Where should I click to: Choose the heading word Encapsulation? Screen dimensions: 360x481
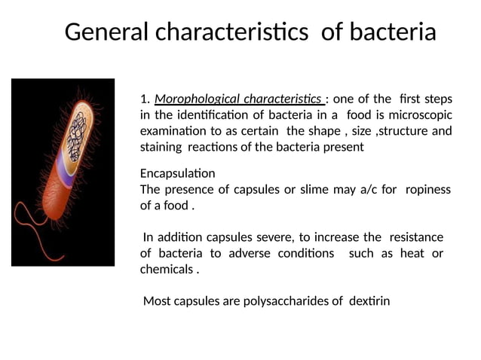pyautogui.click(x=177, y=173)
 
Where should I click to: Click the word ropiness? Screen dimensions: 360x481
pyautogui.click(x=427, y=189)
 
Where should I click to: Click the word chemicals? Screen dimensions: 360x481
pyautogui.click(x=167, y=269)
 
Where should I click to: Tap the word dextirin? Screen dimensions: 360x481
pyautogui.click(x=369, y=301)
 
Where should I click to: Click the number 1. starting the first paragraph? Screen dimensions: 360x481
pyautogui.click(x=146, y=99)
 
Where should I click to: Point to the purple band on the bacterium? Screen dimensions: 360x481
pyautogui.click(x=65, y=180)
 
